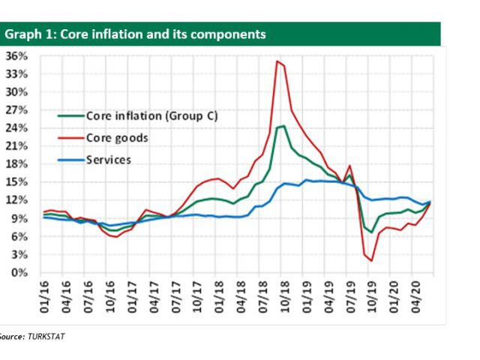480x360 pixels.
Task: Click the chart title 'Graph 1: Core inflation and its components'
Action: point(136,34)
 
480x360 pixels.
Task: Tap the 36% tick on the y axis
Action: point(16,56)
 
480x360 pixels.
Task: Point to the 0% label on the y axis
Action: point(19,273)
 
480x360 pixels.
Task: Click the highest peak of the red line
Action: point(277,61)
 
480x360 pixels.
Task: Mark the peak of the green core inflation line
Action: point(282,126)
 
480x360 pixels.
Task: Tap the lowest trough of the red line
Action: point(371,261)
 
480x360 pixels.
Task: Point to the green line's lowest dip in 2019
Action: point(371,232)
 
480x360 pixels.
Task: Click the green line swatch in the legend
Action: point(70,116)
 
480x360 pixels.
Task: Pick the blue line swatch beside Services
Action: point(70,160)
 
